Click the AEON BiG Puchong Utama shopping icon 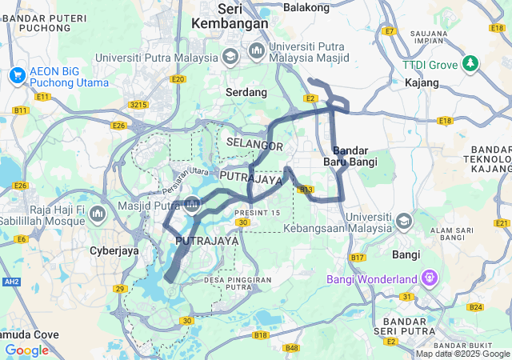17,75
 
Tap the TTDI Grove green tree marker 471,63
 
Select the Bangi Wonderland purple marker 430,278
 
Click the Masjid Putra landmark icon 192,206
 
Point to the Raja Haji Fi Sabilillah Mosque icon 98,214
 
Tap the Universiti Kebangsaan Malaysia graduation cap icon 404,220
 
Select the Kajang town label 422,83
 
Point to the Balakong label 306,7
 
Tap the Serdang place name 246,93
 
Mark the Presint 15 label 258,212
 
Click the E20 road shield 178,79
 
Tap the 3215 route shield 139,104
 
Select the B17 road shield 357,258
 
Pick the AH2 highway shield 11,282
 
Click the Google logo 26,350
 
